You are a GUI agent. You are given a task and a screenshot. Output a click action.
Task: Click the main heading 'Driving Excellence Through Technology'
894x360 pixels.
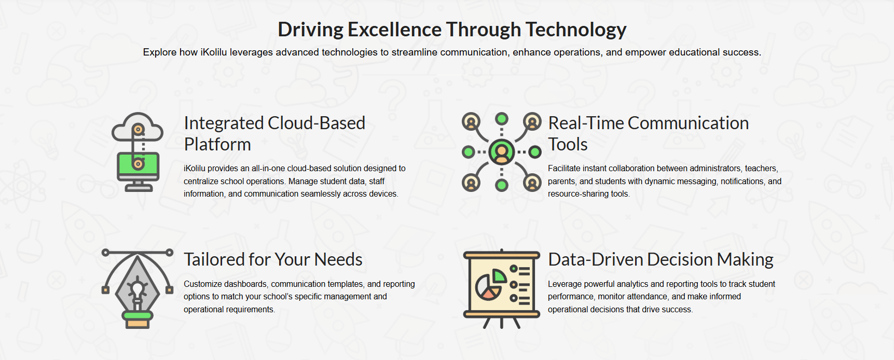pyautogui.click(x=452, y=30)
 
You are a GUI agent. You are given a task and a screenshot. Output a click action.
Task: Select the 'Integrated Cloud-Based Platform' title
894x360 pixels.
pyautogui.click(x=274, y=133)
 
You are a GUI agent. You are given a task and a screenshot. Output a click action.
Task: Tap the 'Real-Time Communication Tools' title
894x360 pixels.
pyautogui.click(x=649, y=133)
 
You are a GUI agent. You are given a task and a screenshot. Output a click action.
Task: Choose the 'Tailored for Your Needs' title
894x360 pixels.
pyautogui.click(x=273, y=259)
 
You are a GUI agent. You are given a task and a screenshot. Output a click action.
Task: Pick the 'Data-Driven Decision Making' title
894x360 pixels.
pyautogui.click(x=661, y=259)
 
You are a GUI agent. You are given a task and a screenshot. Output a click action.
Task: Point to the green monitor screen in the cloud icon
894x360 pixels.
pyautogui.click(x=137, y=164)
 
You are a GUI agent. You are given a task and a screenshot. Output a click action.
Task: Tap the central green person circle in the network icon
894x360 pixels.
pyautogui.click(x=501, y=152)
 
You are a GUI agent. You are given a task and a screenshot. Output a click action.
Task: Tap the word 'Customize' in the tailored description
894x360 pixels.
pyautogui.click(x=200, y=284)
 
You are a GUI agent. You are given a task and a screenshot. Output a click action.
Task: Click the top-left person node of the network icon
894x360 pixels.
pyautogui.click(x=471, y=122)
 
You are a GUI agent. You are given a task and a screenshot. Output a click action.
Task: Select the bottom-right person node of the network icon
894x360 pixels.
pyautogui.click(x=532, y=183)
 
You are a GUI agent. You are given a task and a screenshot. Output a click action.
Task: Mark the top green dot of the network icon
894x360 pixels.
pyautogui.click(x=502, y=119)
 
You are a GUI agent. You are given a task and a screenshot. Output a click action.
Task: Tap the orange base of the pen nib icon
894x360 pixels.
pyautogui.click(x=137, y=323)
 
